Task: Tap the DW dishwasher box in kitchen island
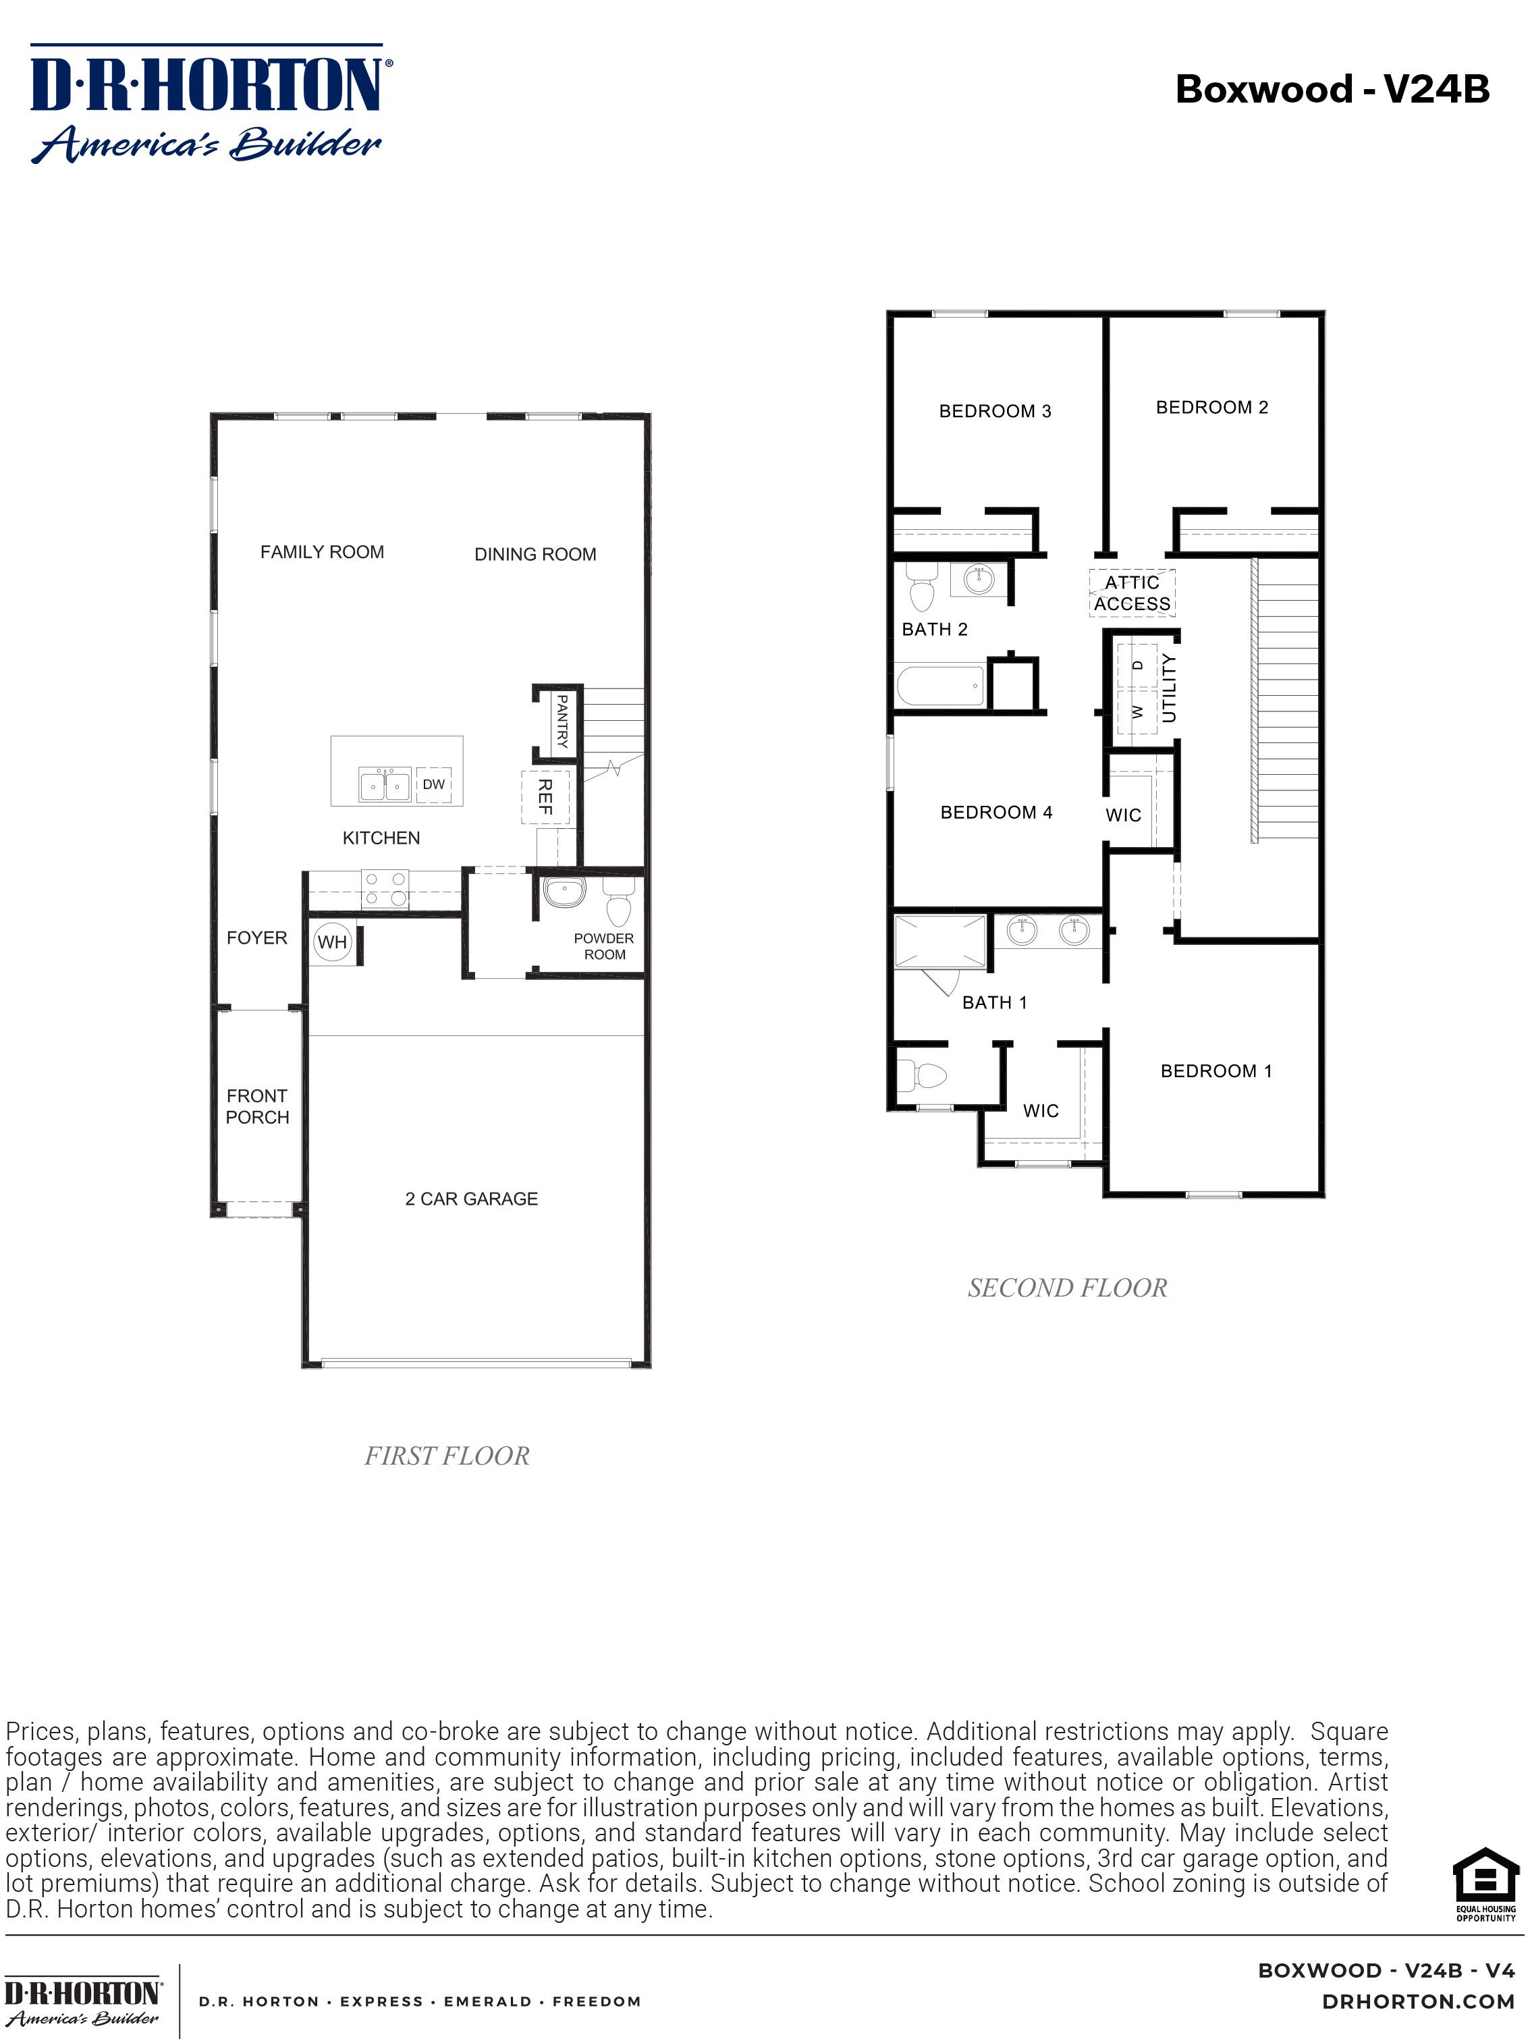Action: tap(433, 784)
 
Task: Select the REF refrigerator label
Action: tap(545, 796)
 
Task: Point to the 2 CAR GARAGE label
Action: tap(471, 1198)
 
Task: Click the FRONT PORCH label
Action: tap(257, 1106)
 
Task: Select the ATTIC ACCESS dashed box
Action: tap(1132, 593)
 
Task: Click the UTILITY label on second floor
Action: tap(1169, 688)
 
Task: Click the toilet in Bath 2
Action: tap(921, 587)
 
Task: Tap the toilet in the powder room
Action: tap(618, 902)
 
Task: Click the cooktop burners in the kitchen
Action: tap(384, 889)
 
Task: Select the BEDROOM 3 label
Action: tap(995, 411)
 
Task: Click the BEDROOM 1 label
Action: tap(1215, 1070)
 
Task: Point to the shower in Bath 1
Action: tap(940, 940)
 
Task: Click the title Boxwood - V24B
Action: tap(1332, 89)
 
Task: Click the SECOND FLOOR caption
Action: tap(1067, 1288)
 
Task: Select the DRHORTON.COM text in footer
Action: tap(1417, 2001)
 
